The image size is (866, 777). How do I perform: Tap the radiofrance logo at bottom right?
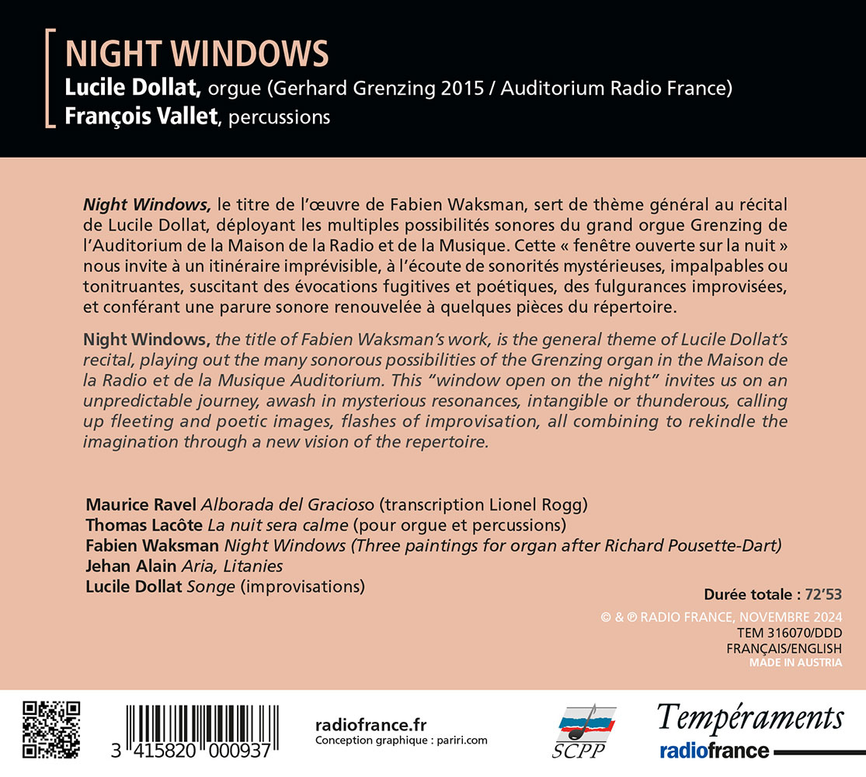coord(715,751)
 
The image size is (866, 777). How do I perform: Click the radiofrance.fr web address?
coord(372,725)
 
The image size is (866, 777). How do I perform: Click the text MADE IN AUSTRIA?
coord(795,663)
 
